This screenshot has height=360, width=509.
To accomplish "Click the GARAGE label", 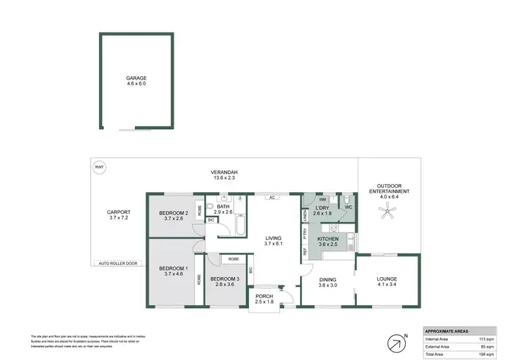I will point(136,78).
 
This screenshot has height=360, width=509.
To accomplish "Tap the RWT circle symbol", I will point(99,166).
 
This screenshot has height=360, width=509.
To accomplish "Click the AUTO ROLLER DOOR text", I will point(117,263).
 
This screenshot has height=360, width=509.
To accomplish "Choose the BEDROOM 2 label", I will point(173,214).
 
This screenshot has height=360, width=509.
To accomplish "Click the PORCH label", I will point(264,296).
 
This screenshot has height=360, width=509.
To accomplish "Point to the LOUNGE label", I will point(388,278).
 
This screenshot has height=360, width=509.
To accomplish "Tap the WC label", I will point(349,206).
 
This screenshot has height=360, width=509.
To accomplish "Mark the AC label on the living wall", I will point(271,198).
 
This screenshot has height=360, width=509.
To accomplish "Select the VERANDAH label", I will point(223,176).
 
